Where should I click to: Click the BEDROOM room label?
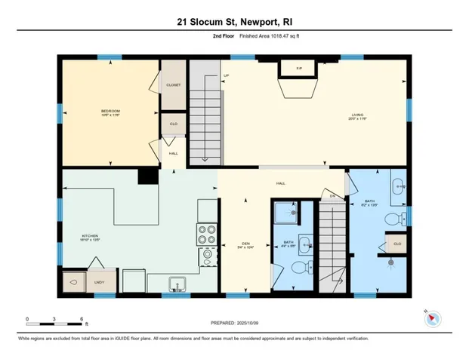[x=110, y=113]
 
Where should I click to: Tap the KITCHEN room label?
[x=90, y=238]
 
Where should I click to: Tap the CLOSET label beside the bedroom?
[x=173, y=86]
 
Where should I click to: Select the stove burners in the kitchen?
[x=206, y=233]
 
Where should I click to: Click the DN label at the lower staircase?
[x=331, y=197]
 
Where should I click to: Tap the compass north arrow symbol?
[x=433, y=318]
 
